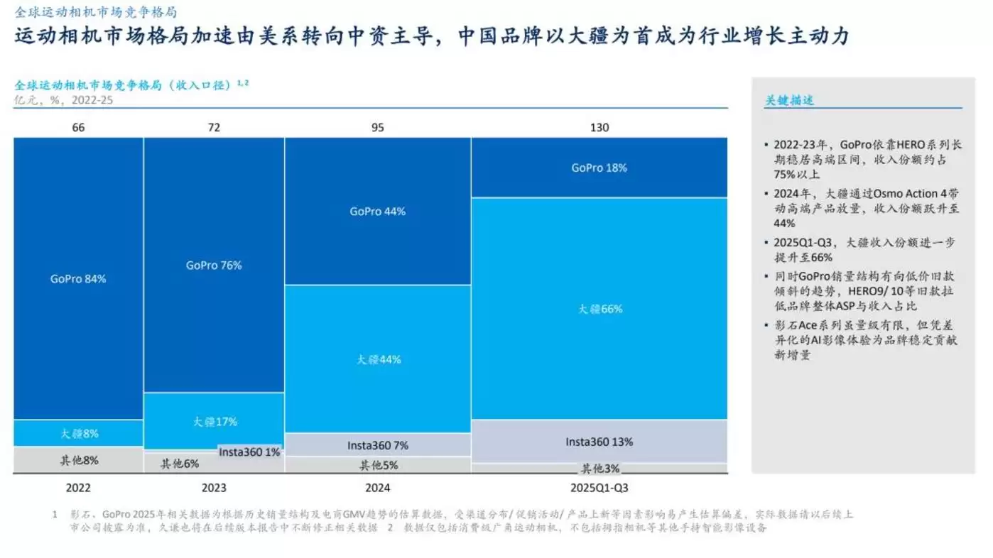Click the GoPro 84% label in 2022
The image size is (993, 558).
click(78, 279)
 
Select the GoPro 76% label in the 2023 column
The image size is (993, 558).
click(214, 265)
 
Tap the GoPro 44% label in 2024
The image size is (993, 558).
click(377, 212)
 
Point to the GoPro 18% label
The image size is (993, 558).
click(599, 168)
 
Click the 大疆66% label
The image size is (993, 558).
click(599, 309)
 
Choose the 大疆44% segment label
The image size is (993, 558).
click(378, 359)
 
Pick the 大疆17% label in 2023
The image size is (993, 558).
click(215, 421)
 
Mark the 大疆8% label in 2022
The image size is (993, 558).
click(79, 433)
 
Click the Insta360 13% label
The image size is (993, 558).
click(599, 442)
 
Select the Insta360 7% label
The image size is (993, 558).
click(378, 445)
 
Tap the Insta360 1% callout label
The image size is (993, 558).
click(249, 452)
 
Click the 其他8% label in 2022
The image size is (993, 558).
click(79, 460)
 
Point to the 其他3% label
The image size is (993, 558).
click(600, 469)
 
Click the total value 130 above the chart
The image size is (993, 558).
click(599, 128)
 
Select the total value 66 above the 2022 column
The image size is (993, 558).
click(78, 128)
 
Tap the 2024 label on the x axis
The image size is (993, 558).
click(377, 488)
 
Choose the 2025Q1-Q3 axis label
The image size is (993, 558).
click(599, 488)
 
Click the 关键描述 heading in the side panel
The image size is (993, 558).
click(788, 100)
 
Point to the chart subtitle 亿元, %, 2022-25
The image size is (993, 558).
click(63, 99)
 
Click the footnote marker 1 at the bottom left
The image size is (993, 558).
click(54, 514)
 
